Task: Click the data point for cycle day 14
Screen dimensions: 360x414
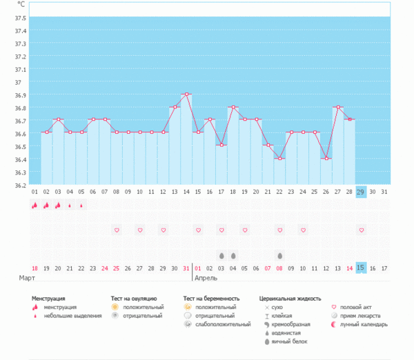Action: (186, 94)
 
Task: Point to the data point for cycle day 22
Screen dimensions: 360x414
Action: (279, 159)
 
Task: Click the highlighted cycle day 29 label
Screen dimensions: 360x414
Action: (361, 192)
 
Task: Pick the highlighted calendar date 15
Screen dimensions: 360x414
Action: (361, 268)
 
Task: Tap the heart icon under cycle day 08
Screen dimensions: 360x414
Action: (117, 230)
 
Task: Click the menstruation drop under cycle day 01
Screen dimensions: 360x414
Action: (34, 205)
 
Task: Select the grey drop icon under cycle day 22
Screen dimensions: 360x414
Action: (279, 254)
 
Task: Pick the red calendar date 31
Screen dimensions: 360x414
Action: (186, 268)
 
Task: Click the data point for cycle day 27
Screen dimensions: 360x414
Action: (337, 107)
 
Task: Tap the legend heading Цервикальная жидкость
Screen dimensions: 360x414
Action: (290, 299)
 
